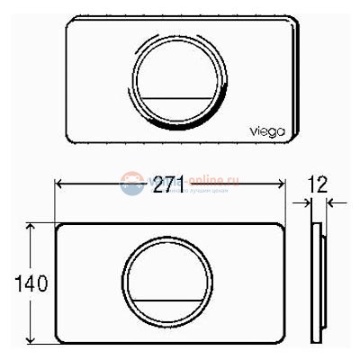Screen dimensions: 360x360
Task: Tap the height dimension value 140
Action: pyautogui.click(x=14, y=283)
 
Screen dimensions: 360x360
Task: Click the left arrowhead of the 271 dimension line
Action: pyautogui.click(x=60, y=184)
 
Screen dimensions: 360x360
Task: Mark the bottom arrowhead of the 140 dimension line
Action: pyautogui.click(x=33, y=339)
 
